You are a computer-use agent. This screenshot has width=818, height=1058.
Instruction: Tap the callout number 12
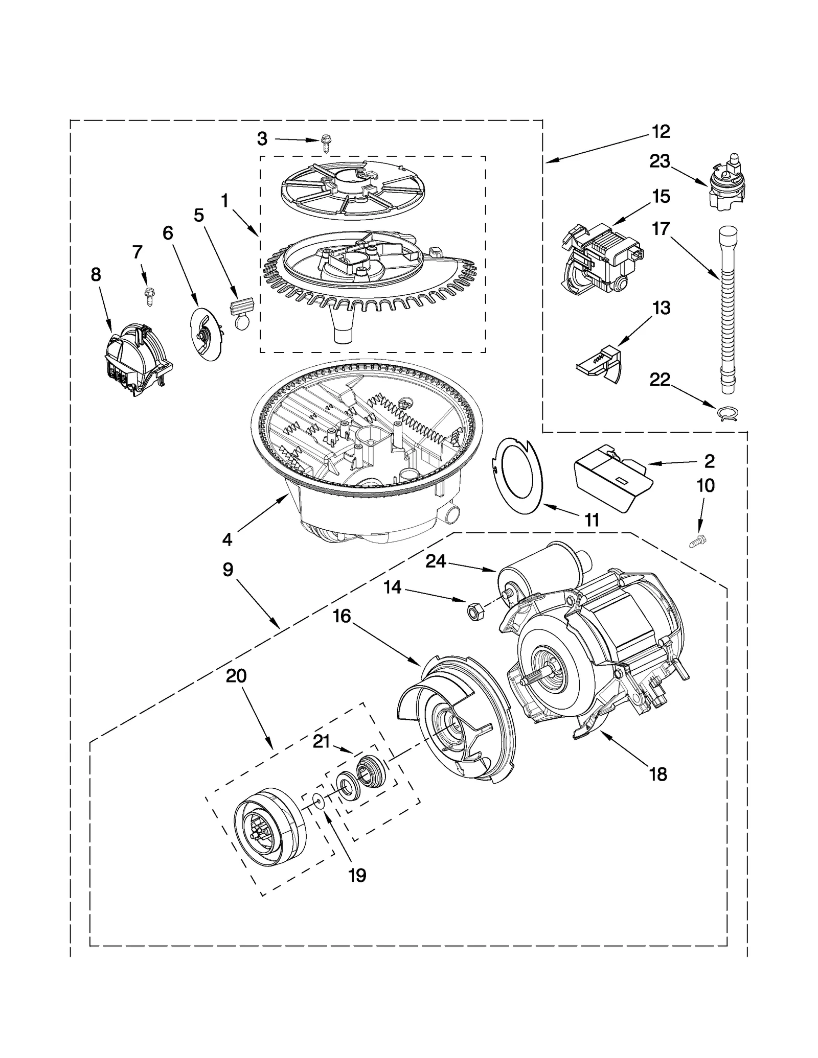(661, 132)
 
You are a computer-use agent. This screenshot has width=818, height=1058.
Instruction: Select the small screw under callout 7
(149, 296)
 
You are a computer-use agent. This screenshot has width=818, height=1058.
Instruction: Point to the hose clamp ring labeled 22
(728, 412)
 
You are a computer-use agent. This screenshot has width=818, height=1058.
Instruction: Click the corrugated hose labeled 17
(726, 312)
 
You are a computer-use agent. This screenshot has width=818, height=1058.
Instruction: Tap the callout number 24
(436, 561)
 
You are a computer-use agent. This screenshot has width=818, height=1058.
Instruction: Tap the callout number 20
(236, 676)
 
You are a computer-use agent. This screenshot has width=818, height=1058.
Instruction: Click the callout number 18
(658, 774)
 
